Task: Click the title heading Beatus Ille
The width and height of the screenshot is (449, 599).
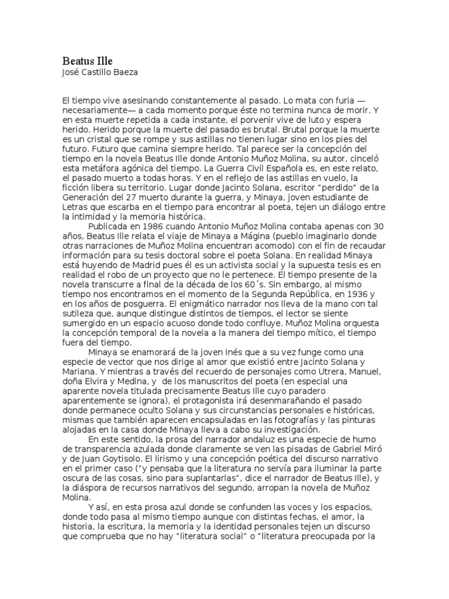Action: pos(87,61)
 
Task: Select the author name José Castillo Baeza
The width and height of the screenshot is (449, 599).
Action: pos(102,72)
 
